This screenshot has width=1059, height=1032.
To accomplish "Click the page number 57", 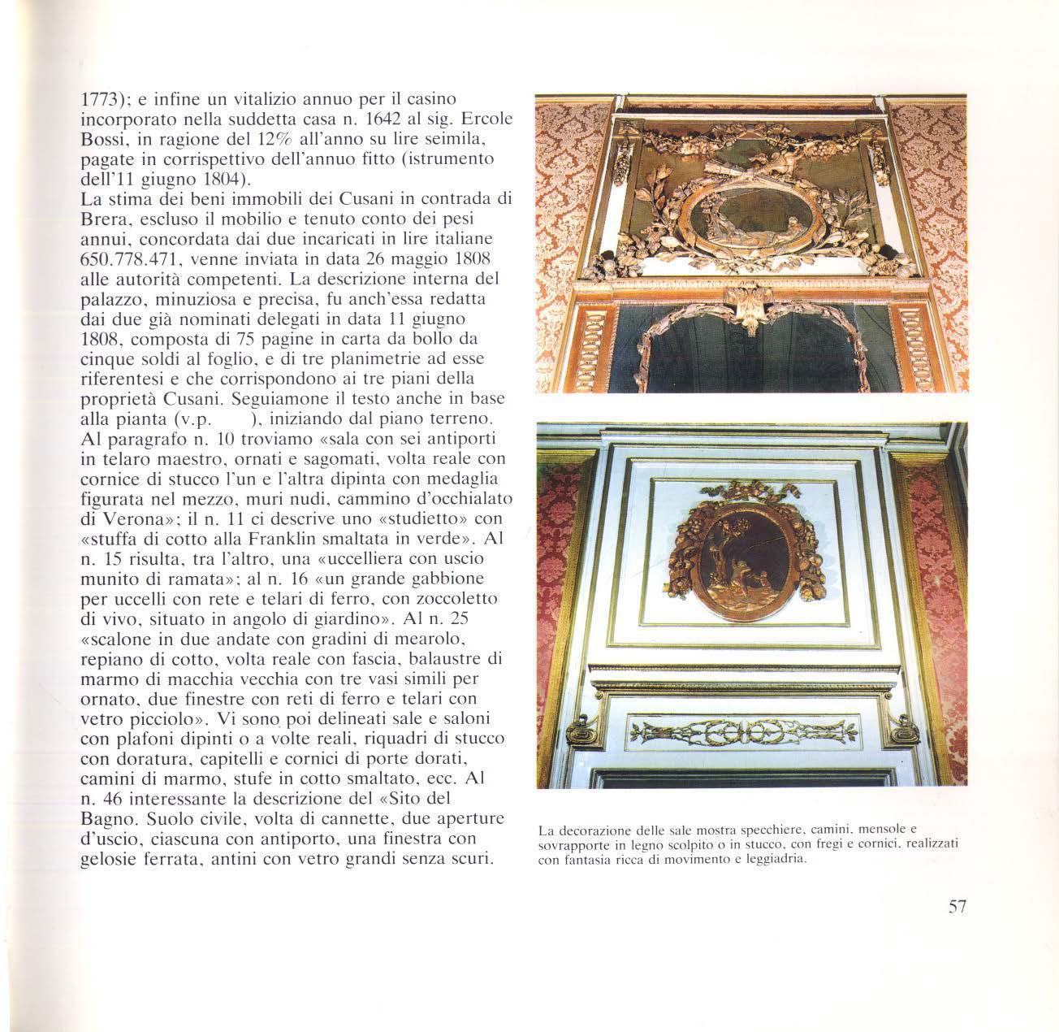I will [x=957, y=908].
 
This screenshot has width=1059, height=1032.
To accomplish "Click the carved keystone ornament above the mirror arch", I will [x=748, y=308].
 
